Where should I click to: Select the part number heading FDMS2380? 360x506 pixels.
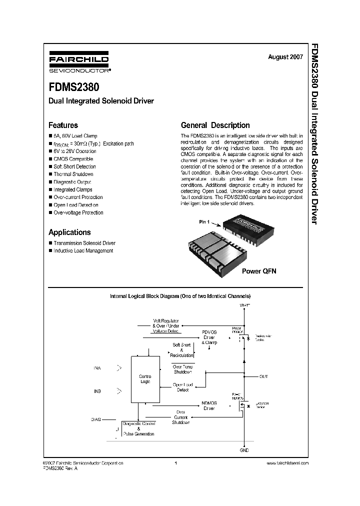click(73, 86)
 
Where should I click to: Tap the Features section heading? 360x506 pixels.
click(63, 125)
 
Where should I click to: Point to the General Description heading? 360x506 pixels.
click(215, 125)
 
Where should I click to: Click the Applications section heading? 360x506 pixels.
click(69, 232)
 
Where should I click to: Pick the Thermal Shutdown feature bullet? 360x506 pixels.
click(73, 174)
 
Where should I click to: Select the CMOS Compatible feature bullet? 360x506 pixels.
click(73, 159)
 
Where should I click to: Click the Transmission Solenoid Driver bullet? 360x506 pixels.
click(84, 243)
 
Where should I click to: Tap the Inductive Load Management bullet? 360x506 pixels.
click(83, 250)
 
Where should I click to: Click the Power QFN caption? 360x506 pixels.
click(259, 271)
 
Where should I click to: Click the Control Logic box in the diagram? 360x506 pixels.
click(144, 379)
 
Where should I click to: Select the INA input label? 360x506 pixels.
click(96, 367)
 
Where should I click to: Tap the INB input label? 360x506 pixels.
click(96, 391)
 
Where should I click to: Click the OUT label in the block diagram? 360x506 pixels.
click(263, 376)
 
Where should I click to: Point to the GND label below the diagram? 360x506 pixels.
click(244, 450)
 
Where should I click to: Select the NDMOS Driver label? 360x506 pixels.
click(208, 405)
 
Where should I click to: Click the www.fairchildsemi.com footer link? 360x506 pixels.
click(285, 463)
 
